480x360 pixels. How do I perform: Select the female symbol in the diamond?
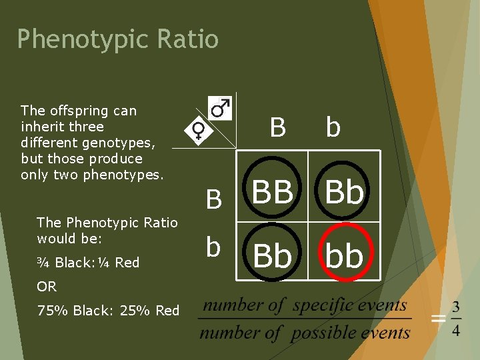click(199, 131)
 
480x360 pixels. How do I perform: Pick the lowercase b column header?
click(333, 127)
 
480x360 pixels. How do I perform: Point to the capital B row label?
click(214, 199)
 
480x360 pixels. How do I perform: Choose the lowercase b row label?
click(213, 247)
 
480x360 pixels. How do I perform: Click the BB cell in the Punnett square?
click(273, 192)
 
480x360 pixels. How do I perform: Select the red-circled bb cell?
click(345, 255)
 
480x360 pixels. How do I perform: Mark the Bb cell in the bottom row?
click(273, 255)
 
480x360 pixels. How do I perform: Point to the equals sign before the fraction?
click(438, 319)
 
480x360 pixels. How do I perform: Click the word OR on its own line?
click(47, 287)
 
